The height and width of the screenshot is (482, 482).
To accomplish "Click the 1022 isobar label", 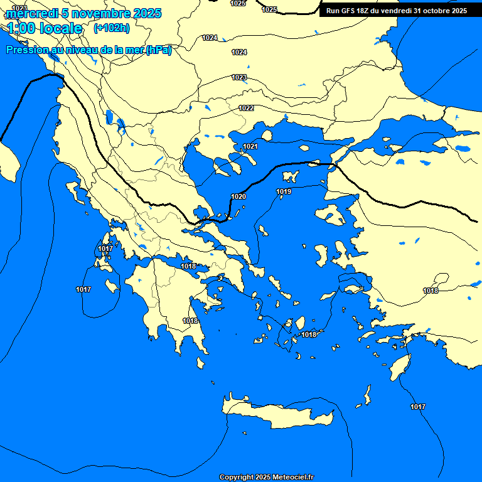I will (246, 109).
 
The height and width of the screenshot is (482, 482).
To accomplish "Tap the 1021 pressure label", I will (250, 147).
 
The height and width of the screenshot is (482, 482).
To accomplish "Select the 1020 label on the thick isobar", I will (238, 196).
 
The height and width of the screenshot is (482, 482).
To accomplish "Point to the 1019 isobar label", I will (284, 191).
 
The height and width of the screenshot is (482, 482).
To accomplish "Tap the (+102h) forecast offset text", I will (111, 28).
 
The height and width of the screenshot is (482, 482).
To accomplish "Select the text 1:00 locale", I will (45, 29).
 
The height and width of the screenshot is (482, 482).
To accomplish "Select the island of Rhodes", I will (399, 367).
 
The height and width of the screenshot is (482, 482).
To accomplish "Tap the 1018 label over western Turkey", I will (431, 291).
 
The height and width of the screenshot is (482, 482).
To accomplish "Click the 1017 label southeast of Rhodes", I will (418, 407).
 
